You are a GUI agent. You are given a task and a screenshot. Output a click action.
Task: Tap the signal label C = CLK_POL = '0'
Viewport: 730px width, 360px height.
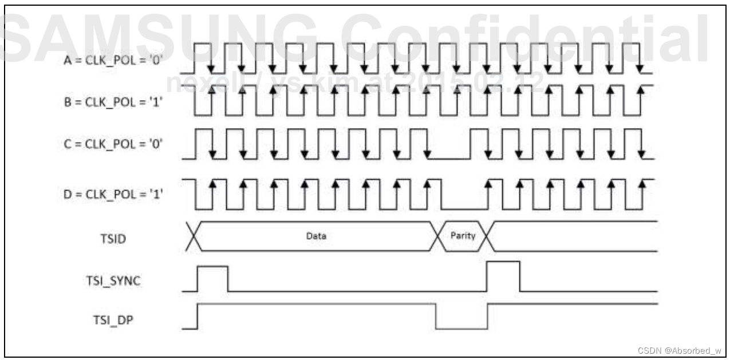point(113,144)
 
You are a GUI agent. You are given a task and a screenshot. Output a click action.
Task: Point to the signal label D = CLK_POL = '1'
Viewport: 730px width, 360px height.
point(113,193)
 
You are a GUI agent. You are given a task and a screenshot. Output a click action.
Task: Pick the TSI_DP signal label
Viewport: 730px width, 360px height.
point(113,320)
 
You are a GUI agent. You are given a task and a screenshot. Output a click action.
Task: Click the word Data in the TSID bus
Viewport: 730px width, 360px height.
point(316,236)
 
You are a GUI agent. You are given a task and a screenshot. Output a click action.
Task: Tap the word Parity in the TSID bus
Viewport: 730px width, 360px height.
point(463,236)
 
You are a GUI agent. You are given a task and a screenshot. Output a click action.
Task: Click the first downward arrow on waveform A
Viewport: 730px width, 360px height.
point(211,66)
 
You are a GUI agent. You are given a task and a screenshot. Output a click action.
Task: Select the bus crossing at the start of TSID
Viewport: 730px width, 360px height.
point(194,236)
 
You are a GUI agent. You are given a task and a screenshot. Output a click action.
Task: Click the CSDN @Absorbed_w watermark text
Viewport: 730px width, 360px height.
point(679,350)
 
